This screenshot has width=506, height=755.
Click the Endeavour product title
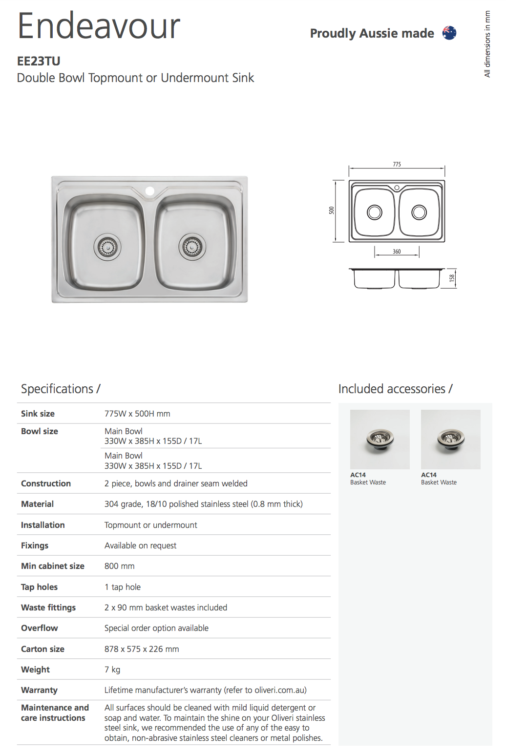[99, 26]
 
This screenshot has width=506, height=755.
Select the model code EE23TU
[39, 61]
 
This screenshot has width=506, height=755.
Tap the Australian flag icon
[449, 33]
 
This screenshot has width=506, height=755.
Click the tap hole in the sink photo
[150, 190]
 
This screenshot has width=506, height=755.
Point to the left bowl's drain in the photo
[107, 248]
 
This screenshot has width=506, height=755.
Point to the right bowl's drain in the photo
[192, 247]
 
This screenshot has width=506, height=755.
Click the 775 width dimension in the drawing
[397, 165]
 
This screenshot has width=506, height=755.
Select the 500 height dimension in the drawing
[332, 210]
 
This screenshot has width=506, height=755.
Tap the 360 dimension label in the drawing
[397, 252]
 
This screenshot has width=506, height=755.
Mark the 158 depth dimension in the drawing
[452, 278]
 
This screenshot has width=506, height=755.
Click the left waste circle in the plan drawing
[375, 212]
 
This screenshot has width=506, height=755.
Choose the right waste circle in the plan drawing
[419, 212]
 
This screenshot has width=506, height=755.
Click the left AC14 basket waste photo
[379, 439]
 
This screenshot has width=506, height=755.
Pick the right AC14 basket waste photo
[450, 439]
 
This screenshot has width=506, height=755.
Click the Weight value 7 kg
[112, 670]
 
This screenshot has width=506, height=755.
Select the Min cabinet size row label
[53, 566]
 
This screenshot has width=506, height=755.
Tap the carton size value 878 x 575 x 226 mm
[142, 649]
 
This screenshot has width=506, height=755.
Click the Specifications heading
[61, 389]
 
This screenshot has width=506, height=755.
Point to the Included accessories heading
[395, 389]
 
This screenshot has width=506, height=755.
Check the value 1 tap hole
[123, 587]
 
